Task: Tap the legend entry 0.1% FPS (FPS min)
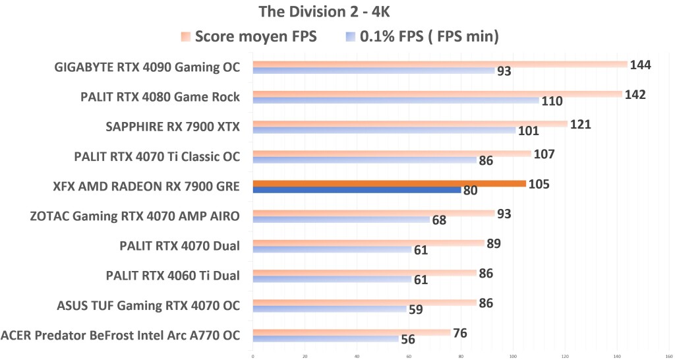click(x=428, y=37)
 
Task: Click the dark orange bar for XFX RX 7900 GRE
click(x=389, y=183)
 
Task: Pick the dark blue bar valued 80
click(x=357, y=190)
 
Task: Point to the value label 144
click(x=641, y=65)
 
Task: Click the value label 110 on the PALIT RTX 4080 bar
click(x=551, y=101)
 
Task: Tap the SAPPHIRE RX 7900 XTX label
click(x=173, y=127)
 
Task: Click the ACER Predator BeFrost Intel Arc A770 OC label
click(x=121, y=336)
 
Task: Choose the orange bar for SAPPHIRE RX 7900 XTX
click(x=409, y=123)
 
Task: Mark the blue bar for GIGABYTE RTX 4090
click(x=373, y=70)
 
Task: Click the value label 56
click(x=409, y=340)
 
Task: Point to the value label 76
click(x=460, y=333)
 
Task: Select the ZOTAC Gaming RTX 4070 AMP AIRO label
click(x=135, y=216)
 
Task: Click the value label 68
click(x=439, y=220)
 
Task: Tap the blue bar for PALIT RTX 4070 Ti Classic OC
click(x=364, y=160)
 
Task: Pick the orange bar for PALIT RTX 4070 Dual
click(x=368, y=243)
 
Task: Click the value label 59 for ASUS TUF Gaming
click(x=415, y=309)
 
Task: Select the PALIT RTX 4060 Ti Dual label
click(x=173, y=276)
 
